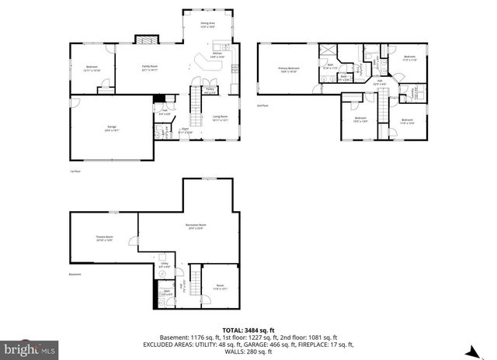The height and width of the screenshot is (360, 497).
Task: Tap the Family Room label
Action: click(x=150, y=68)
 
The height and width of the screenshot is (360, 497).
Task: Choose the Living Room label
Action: click(x=220, y=118)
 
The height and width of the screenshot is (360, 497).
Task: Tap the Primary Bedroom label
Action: click(x=289, y=70)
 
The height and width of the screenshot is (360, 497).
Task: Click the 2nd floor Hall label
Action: click(x=381, y=81)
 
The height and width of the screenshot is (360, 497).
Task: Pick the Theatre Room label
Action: click(x=104, y=238)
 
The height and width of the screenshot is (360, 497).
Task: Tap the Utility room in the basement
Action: click(x=165, y=265)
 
